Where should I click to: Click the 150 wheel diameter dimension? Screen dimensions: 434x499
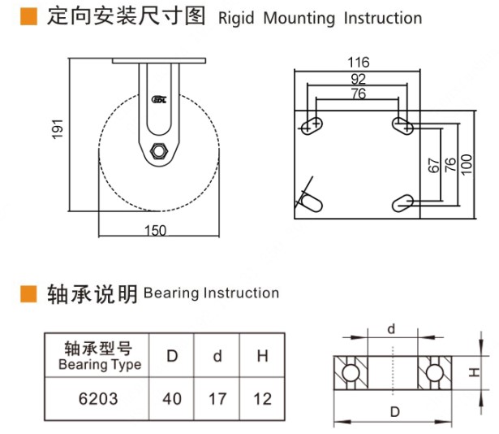coord(156,231)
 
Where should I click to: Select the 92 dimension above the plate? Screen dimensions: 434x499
coord(358,79)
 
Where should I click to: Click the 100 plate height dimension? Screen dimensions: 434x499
coord(466,163)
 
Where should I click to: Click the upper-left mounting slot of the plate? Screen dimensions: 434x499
coord(312,124)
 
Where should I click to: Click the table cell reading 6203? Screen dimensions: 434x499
coord(100,399)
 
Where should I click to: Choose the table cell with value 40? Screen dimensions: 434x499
coord(173,399)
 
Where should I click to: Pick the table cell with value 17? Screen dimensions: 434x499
coord(217,399)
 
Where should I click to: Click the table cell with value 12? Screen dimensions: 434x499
coord(262,399)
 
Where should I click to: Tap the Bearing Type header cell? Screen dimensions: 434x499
coord(100,356)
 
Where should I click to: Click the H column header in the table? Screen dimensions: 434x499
coord(262,356)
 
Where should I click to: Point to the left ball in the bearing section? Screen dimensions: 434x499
coord(351,372)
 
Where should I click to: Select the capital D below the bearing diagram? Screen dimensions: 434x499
coord(394,411)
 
